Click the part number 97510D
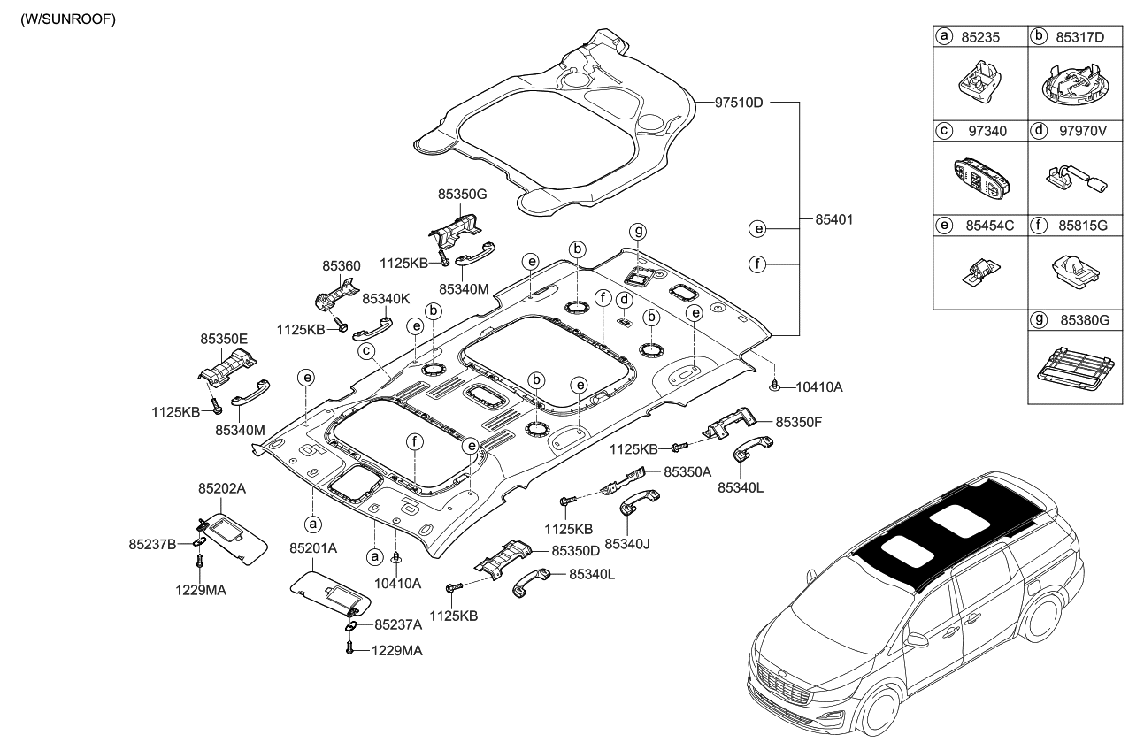coord(741,103)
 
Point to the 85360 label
coord(341,264)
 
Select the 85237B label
coord(152,543)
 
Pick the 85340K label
coord(386,299)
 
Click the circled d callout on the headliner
coord(623,299)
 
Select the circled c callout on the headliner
coord(365,351)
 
